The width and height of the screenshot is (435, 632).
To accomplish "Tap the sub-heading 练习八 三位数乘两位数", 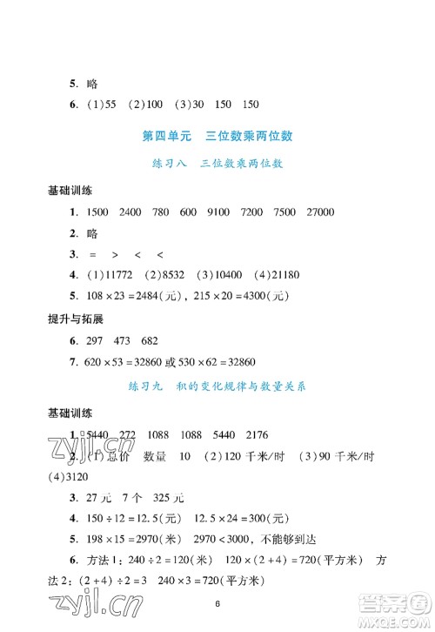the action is click(217, 163).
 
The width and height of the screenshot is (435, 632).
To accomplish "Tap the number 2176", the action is click(254, 435).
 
